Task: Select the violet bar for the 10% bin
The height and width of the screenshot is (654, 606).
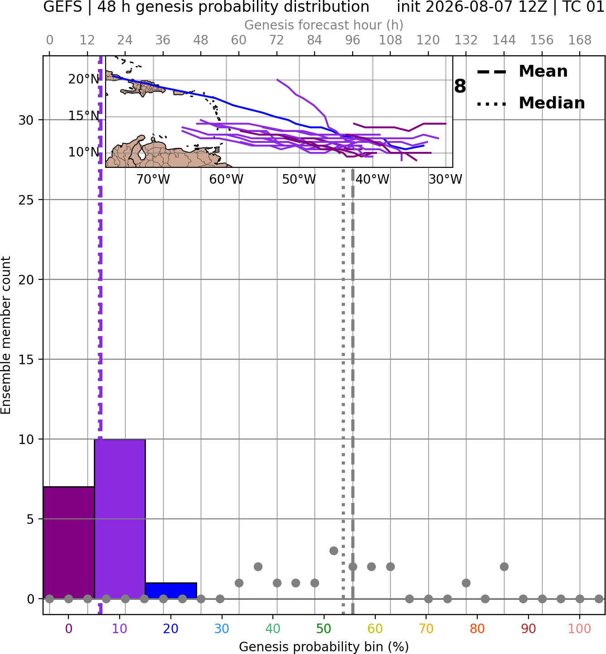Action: point(120,519)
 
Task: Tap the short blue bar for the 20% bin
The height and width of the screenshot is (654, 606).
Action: point(171,591)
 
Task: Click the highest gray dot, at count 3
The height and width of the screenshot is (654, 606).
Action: point(334,551)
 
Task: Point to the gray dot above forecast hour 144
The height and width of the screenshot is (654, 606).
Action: point(504,567)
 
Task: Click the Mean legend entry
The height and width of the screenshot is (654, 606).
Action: point(522,72)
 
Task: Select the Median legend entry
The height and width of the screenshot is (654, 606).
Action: point(531,103)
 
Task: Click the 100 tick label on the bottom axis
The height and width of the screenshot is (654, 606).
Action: point(579,629)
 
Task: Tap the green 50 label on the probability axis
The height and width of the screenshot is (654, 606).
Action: point(324,629)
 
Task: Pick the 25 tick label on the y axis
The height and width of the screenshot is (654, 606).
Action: point(26,200)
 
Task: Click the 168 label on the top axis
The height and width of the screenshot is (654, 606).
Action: point(580,40)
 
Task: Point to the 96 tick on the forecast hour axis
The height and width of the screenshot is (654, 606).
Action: point(353,40)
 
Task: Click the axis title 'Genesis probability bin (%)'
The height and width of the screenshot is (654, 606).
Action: point(324,647)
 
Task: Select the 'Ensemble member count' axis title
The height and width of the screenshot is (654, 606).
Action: point(5,335)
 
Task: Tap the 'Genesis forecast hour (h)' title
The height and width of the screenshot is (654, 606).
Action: point(324,25)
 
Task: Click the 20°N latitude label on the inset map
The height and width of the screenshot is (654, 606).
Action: point(84,79)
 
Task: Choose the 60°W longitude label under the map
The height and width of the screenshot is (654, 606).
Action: point(226,180)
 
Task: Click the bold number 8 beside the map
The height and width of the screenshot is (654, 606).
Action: point(460,86)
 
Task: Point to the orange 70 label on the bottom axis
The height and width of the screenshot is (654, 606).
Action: point(426,629)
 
